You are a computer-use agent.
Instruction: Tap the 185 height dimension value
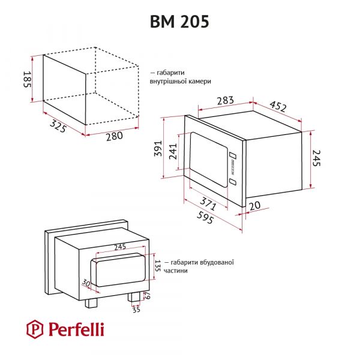pos(27,79)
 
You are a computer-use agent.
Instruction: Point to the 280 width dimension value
pos(113,136)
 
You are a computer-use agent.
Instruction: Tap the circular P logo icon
pos(35,329)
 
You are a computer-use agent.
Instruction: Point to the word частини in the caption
pos(174,271)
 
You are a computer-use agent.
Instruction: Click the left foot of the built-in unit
pos(91,302)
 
